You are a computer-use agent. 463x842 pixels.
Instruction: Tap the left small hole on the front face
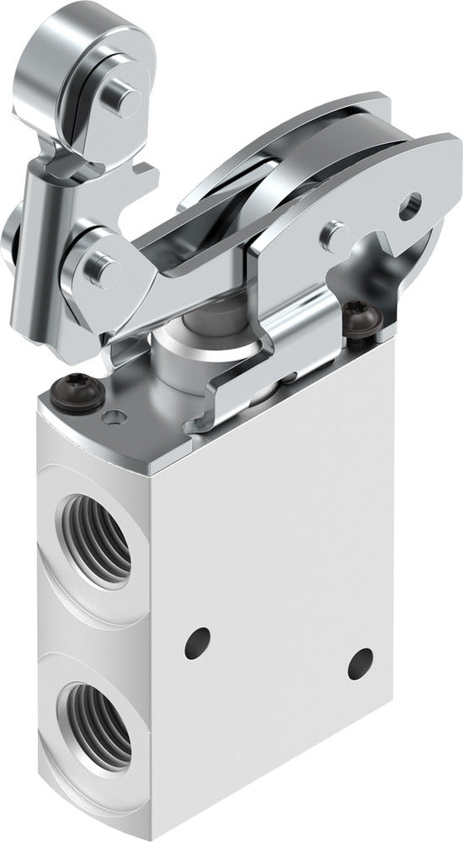pos(200,642)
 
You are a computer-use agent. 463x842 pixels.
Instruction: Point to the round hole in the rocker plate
pos(410,204)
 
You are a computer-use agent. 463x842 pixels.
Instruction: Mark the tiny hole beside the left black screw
pos(110,415)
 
